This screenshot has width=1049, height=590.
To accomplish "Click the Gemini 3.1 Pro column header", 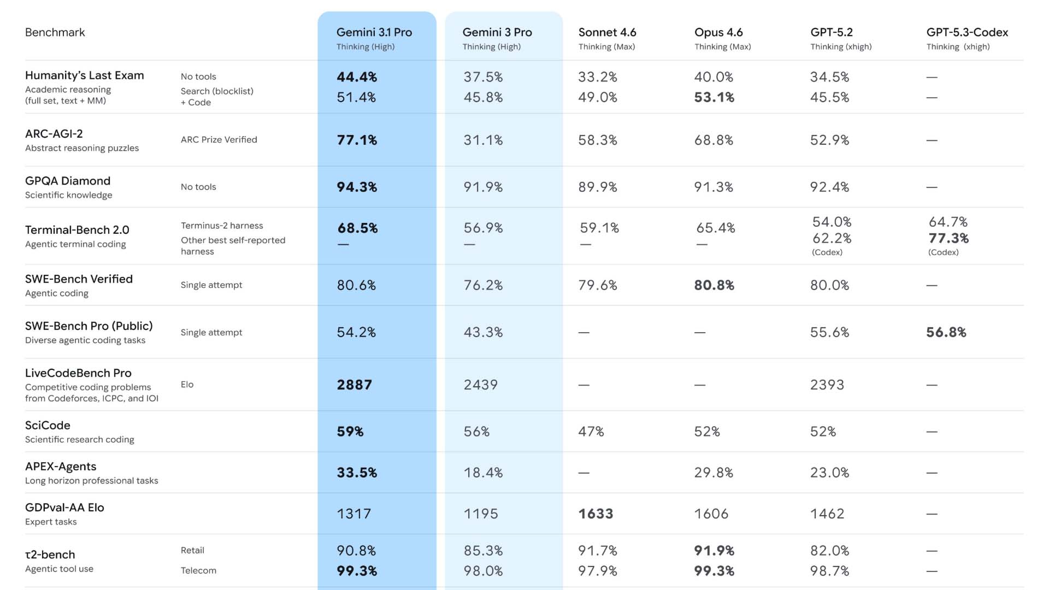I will point(374,33).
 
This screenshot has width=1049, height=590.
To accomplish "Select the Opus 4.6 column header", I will point(718,33).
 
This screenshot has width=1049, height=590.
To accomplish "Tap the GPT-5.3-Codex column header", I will point(967,33).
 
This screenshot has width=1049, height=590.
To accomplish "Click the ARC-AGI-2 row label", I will point(54,134).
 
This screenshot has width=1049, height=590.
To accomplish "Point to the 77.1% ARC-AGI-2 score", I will point(357,140).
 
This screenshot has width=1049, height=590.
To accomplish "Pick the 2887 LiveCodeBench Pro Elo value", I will point(354,385).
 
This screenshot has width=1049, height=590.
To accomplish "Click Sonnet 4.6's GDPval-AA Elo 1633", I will point(596,514).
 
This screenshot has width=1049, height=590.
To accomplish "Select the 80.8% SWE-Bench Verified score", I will point(714,285).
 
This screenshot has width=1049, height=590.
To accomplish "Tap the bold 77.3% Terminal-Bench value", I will point(948,238).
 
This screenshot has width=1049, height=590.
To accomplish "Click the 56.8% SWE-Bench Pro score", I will point(946,332).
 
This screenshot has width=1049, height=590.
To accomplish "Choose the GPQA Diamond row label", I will point(68,181).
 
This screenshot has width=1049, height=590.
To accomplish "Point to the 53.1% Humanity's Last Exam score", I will point(714,97).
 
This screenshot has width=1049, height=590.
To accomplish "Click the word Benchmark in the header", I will point(55,32).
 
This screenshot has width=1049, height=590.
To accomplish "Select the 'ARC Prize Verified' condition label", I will point(219,140).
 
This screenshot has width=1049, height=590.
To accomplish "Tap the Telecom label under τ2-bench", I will point(198,570).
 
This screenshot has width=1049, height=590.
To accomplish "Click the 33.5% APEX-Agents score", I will point(357,473).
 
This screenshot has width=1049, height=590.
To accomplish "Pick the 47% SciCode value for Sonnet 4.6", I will point(591,432).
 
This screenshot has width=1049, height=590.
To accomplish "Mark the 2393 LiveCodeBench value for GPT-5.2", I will point(827,385).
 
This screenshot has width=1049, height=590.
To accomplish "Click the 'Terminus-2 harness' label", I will point(222,226).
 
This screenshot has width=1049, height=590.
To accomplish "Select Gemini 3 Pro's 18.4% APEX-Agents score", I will point(483,473).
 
